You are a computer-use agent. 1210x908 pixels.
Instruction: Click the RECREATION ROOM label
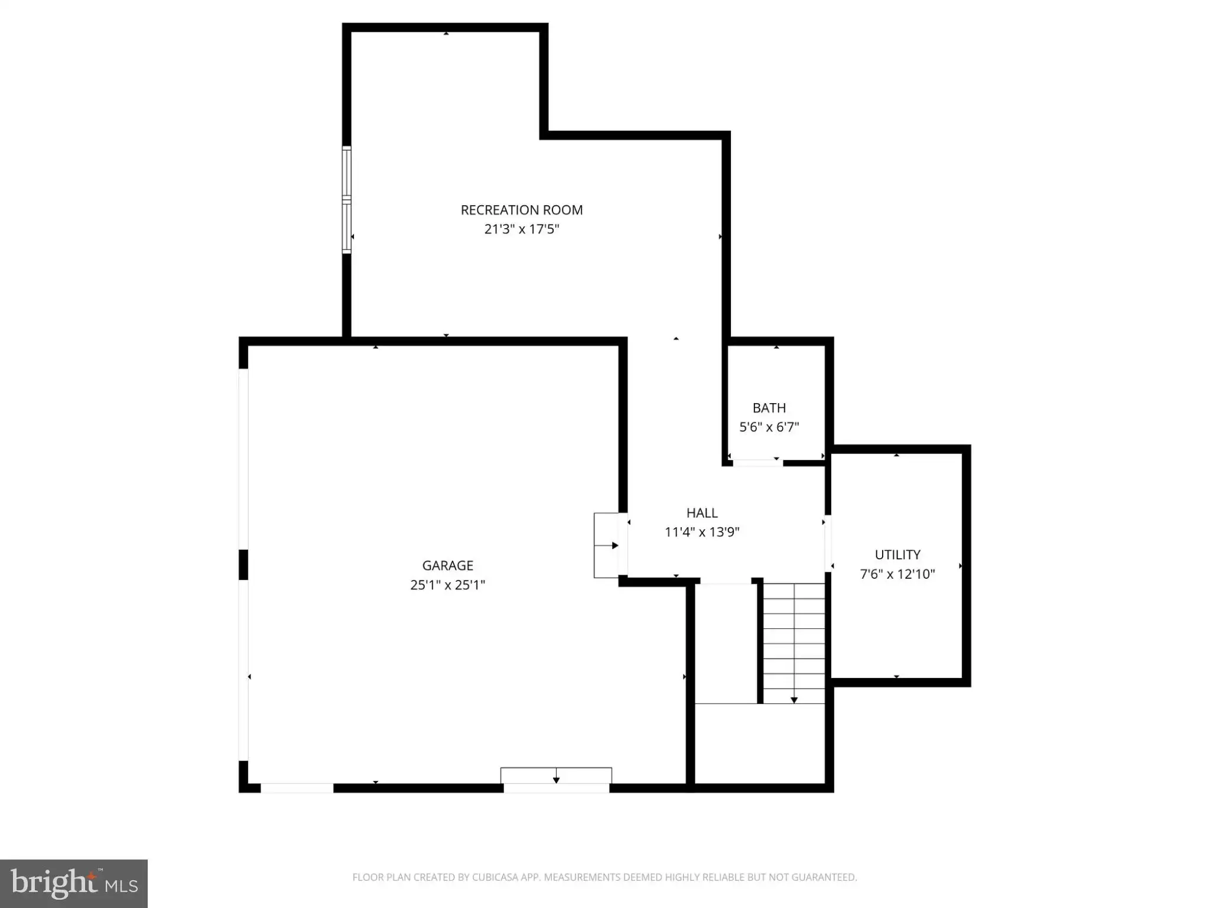coord(522,210)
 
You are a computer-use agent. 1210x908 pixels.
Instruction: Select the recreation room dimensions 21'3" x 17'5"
coord(522,229)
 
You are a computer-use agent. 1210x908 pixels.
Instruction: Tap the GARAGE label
coord(448,566)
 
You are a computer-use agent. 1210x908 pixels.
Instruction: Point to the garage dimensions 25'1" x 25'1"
coord(448,585)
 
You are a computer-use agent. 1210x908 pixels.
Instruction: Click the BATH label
coord(769,408)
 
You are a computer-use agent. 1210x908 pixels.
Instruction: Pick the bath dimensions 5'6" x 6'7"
coord(769,427)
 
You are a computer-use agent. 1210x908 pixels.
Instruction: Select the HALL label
coord(702,513)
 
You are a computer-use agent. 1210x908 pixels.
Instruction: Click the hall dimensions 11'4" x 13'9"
coord(702,532)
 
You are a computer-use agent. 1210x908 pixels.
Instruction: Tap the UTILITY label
coord(897,554)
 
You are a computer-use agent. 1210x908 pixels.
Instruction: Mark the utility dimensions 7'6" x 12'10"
coord(897,574)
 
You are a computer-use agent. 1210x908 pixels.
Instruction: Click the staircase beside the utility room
coord(794,643)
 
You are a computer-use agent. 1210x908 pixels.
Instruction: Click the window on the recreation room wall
coord(347,200)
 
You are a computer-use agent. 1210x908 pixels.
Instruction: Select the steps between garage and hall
coord(606,545)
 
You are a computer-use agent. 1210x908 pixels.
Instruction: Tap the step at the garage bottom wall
coord(556,776)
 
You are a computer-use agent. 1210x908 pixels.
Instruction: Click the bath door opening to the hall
coord(758,463)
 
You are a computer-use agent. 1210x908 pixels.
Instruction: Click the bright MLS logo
coord(74,884)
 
